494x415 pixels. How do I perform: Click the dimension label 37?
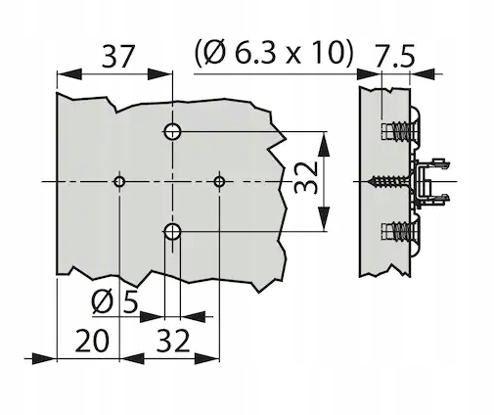pyautogui.click(x=118, y=56)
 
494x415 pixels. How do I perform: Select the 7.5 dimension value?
pyautogui.click(x=394, y=56)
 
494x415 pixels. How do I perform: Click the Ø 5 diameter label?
pyautogui.click(x=114, y=301)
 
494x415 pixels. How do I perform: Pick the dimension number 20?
pyautogui.click(x=92, y=341)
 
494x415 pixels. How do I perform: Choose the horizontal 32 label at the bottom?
pyautogui.click(x=173, y=341)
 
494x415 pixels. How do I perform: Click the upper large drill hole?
pyautogui.click(x=172, y=132)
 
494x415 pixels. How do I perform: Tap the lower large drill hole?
pyautogui.click(x=172, y=231)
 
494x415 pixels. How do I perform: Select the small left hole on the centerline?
pyautogui.click(x=119, y=181)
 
